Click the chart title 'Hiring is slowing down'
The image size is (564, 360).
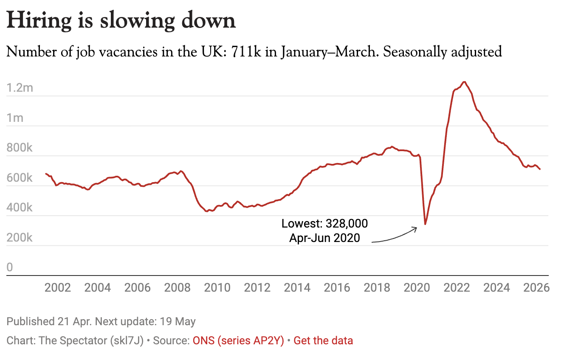[x=121, y=20]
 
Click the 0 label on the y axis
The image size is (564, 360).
[x=10, y=267]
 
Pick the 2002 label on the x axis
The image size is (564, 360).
[x=57, y=287]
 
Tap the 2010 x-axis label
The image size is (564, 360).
[x=217, y=287]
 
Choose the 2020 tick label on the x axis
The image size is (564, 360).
[x=417, y=287]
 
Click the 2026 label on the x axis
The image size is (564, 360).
[x=536, y=287]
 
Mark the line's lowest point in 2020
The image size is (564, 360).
[x=425, y=224]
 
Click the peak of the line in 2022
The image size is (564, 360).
[x=464, y=82]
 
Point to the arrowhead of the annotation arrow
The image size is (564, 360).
[x=417, y=228]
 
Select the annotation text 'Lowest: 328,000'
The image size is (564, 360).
[x=324, y=223]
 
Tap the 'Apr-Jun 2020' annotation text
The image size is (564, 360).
[x=324, y=238]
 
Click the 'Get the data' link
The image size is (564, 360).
[x=323, y=340]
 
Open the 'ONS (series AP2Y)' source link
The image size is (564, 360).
[x=238, y=340]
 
